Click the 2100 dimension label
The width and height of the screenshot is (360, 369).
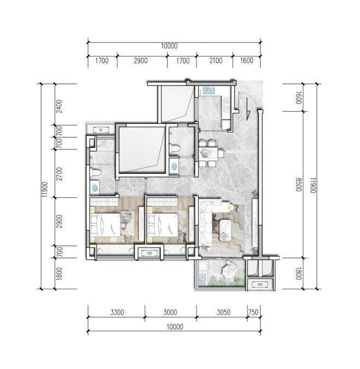click(215, 61)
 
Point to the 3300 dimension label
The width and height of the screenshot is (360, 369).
click(117, 312)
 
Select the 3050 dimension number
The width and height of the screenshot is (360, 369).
click(223, 312)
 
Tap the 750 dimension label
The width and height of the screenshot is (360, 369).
click(253, 312)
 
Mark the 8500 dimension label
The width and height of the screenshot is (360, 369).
click(298, 185)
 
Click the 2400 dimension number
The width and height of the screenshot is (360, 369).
click(59, 106)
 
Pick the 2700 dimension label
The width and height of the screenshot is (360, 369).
click(59, 174)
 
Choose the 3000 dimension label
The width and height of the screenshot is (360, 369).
click(170, 312)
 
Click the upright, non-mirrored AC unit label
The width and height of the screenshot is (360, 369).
click(101, 130)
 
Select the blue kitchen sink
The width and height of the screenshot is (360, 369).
click(209, 90)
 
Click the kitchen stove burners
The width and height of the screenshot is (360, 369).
click(227, 105)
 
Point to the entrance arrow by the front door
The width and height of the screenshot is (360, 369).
click(248, 109)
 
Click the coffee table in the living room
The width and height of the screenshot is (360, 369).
click(226, 230)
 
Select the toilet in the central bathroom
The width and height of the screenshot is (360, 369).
click(175, 149)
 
